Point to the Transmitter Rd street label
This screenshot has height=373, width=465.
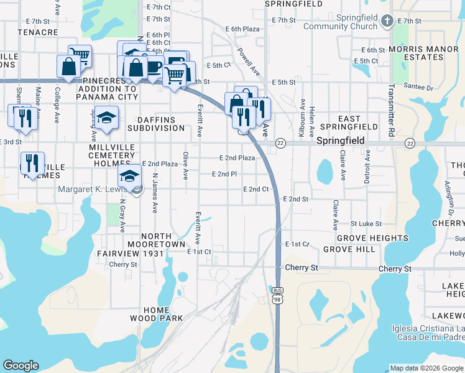tap(392, 110)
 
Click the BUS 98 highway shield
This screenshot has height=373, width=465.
tap(277, 295)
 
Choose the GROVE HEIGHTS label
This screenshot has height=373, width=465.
tap(372, 238)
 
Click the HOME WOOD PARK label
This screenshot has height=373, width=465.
tap(156, 314)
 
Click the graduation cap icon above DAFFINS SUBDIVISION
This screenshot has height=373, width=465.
tap(107, 116)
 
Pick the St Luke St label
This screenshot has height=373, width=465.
tap(366, 223)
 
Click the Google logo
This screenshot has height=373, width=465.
tap(21, 366)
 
